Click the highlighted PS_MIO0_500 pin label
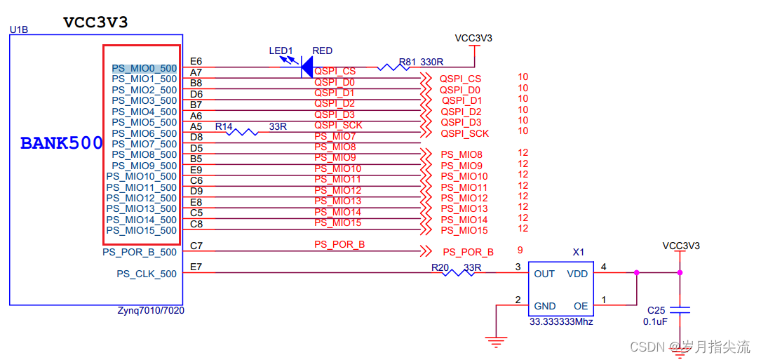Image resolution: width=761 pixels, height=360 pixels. [144, 68]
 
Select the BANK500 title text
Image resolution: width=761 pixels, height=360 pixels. [61, 143]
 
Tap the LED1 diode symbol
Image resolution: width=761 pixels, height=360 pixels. [306, 67]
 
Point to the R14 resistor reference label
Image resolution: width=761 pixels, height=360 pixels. [224, 126]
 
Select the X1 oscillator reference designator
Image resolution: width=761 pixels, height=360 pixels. [578, 251]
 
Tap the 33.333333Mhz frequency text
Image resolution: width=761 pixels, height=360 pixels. [561, 321]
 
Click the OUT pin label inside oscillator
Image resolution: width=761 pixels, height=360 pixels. [544, 274]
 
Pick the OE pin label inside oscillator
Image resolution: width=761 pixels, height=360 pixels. [581, 306]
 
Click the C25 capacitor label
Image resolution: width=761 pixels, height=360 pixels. [656, 310]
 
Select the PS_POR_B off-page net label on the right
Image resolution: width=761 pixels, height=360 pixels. [468, 252]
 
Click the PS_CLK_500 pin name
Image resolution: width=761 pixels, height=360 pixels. [147, 274]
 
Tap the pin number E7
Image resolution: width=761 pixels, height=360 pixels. [196, 267]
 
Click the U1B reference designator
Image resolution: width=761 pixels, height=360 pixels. [18, 29]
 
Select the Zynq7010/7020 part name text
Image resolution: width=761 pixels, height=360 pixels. [151, 310]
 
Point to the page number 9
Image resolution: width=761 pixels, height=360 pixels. [520, 250]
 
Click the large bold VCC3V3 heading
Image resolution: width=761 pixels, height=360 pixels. [95, 22]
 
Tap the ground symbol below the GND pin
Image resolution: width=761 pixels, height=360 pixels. [497, 342]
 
